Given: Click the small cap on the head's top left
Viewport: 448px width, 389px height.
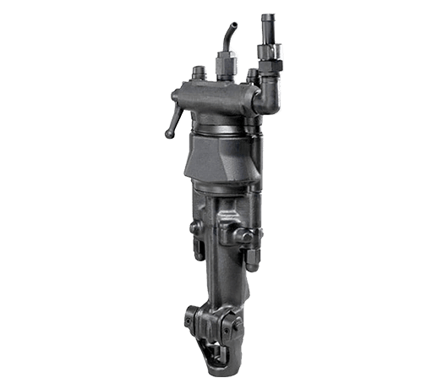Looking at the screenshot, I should (199, 71).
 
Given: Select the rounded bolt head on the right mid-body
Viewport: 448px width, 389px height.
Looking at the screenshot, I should (246, 229).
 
